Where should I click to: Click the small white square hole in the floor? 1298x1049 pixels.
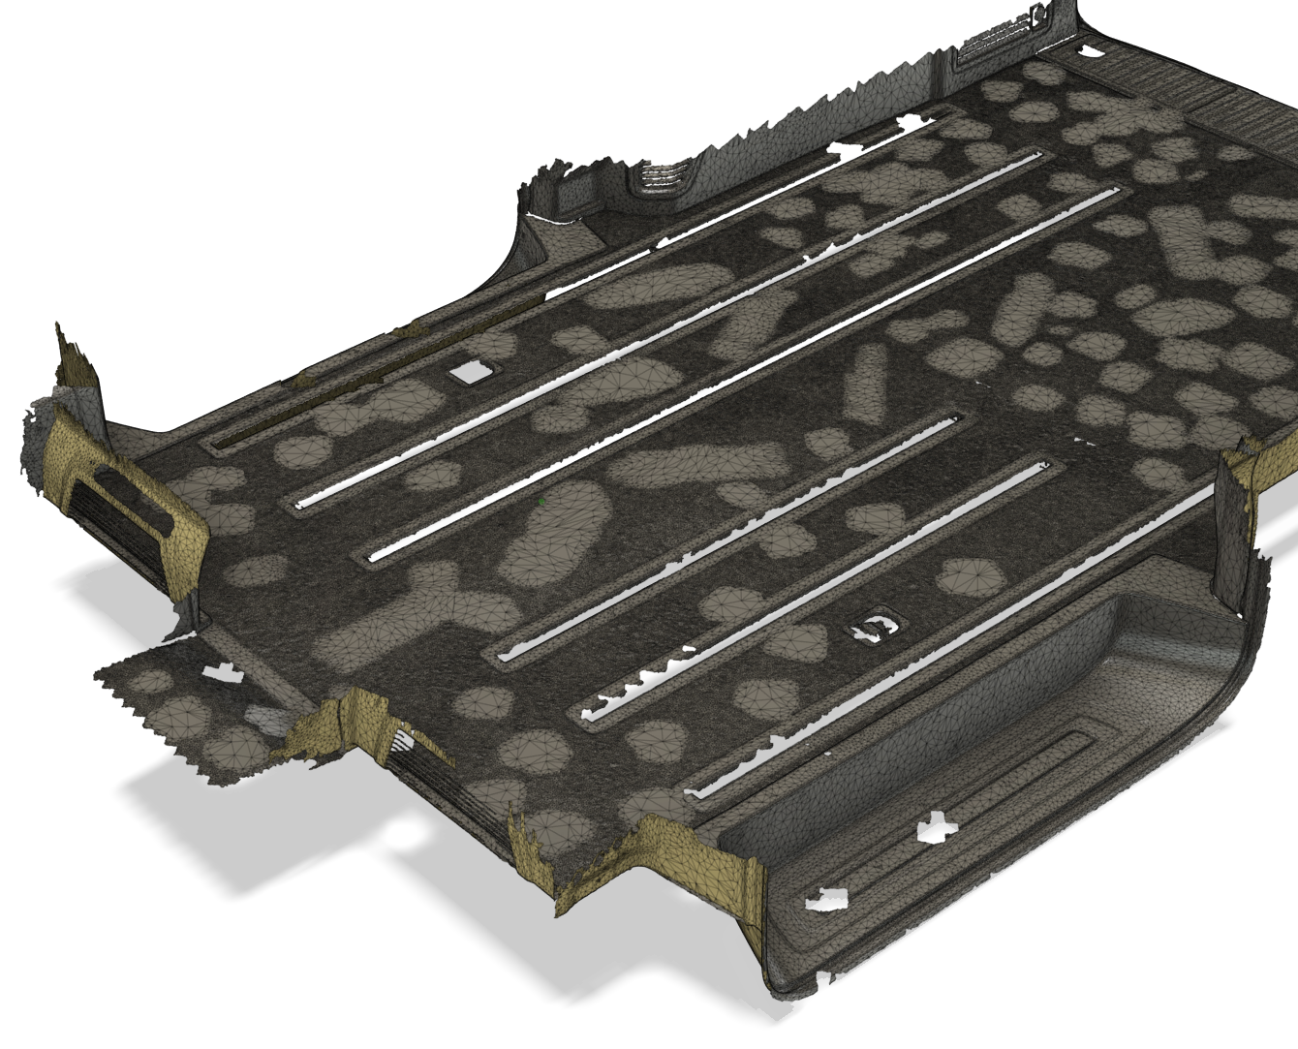pyautogui.click(x=473, y=370)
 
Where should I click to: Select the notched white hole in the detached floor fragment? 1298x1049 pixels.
pyautogui.click(x=220, y=671)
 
